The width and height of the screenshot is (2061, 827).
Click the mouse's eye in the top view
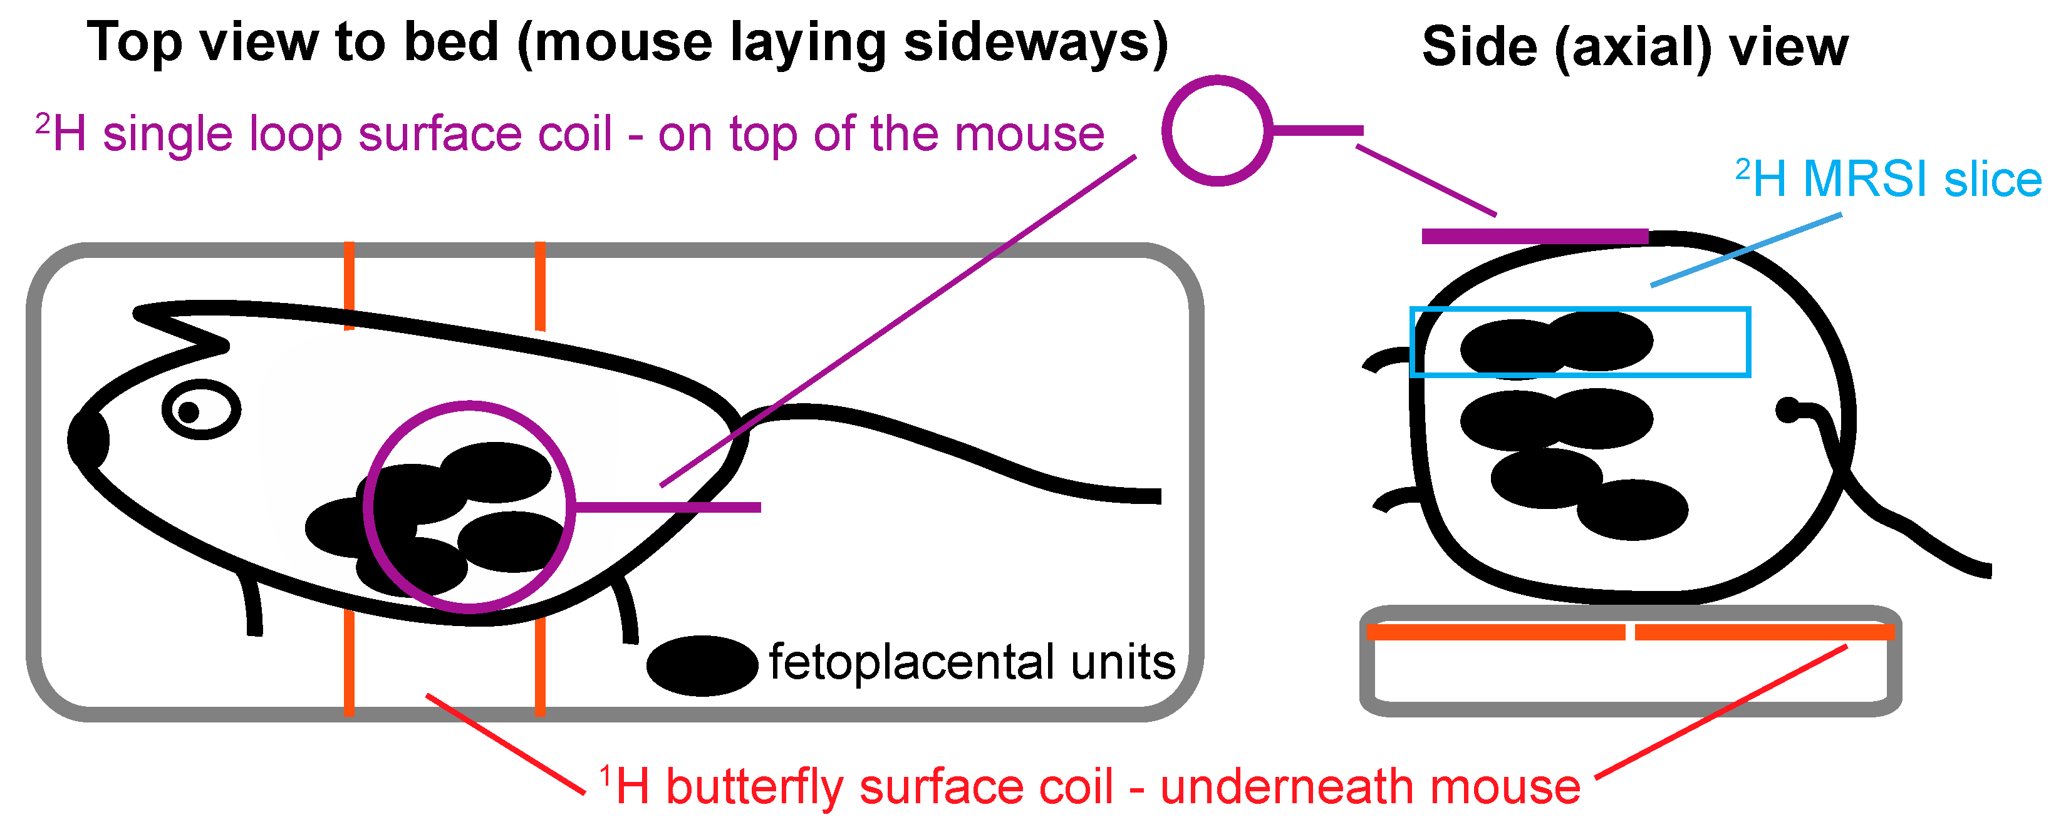(x=201, y=410)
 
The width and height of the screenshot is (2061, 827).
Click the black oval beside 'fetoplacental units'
(x=702, y=665)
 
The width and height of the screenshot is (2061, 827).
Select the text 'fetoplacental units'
(x=971, y=662)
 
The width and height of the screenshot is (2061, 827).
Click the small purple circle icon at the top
(x=1216, y=130)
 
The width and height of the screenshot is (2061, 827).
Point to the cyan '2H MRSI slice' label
(x=1887, y=179)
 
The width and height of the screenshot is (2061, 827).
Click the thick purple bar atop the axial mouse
(x=1535, y=236)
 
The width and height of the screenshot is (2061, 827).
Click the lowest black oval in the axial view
(x=1632, y=510)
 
